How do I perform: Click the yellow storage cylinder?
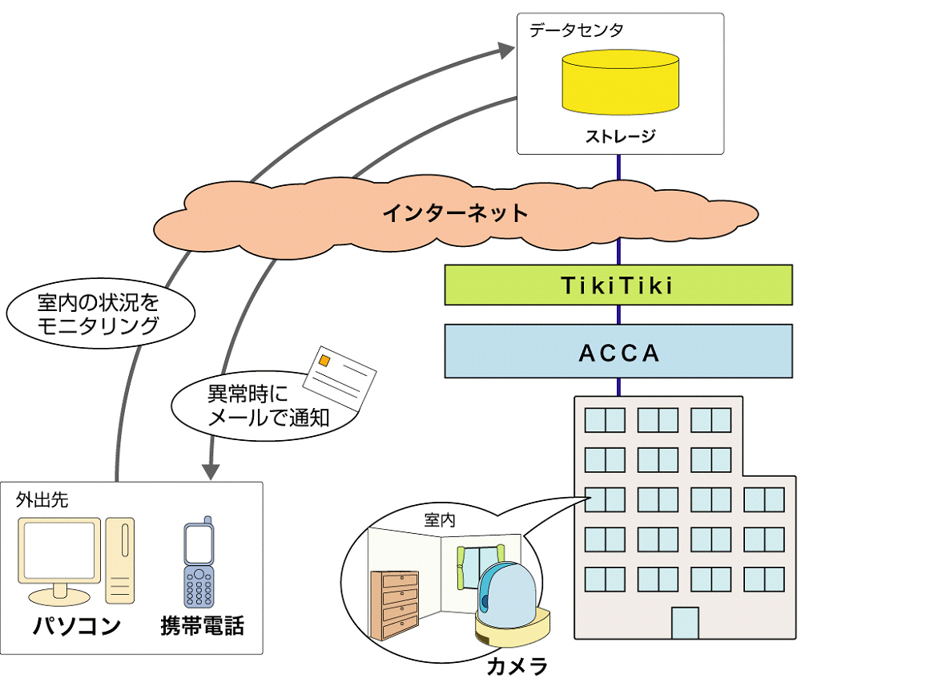[x=620, y=83]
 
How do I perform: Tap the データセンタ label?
[x=576, y=30]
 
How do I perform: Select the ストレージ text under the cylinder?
[x=620, y=136]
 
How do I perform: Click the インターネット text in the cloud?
[x=455, y=213]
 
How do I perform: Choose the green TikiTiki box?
[x=618, y=285]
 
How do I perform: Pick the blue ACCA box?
[x=618, y=351]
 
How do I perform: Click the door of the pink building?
[x=684, y=623]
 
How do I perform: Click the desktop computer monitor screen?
[x=61, y=552]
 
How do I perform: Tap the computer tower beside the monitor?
[x=121, y=560]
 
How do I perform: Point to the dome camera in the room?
[x=508, y=597]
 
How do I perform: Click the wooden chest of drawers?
[x=395, y=604]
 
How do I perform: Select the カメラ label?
[x=517, y=667]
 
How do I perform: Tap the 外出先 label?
[x=42, y=500]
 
